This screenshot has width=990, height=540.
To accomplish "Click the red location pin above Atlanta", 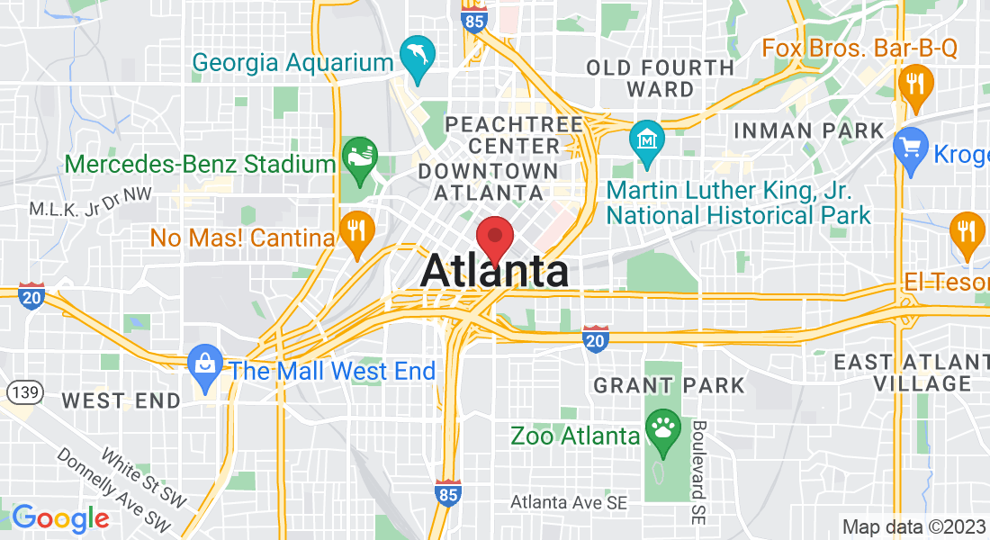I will [494, 238].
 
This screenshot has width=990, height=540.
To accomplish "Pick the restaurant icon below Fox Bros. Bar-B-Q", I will [915, 85].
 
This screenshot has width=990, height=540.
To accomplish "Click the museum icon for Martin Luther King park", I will [647, 140].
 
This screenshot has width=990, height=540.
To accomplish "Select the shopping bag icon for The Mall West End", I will [205, 364].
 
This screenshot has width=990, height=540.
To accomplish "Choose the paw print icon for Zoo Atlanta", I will [663, 428].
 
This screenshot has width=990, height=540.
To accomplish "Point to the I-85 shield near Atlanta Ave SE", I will [448, 491].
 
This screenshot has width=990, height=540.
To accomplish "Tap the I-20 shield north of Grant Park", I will [595, 338].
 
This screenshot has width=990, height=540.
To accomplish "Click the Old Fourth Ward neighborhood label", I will [661, 78].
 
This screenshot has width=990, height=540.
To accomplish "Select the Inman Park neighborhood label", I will [809, 130].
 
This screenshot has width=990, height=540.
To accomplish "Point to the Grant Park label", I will [669, 386].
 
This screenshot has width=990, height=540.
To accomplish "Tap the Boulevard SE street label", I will [699, 472].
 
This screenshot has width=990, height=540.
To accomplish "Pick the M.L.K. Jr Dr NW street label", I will [90, 209].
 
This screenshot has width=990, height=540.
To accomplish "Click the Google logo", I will [60, 518].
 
